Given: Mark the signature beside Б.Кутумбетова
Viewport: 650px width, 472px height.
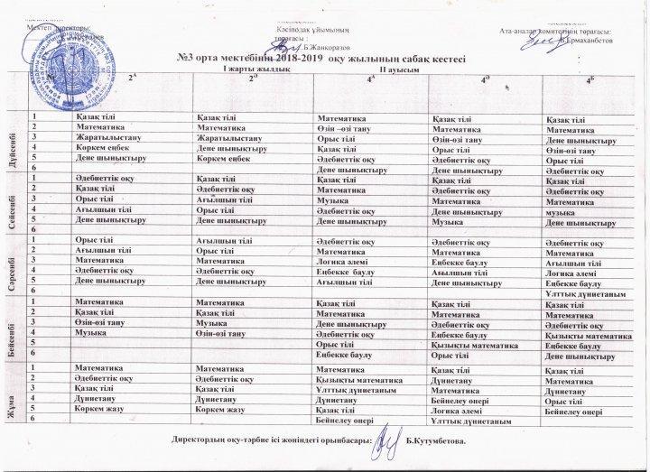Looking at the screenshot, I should click(x=385, y=440).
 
